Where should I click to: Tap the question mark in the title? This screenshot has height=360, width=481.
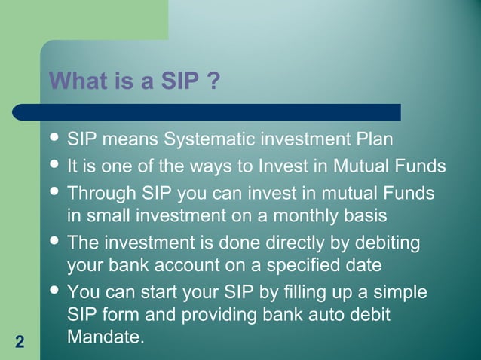213,80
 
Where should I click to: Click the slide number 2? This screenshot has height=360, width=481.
20,343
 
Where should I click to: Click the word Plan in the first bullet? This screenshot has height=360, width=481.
374,140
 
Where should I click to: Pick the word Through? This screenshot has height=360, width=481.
100,193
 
